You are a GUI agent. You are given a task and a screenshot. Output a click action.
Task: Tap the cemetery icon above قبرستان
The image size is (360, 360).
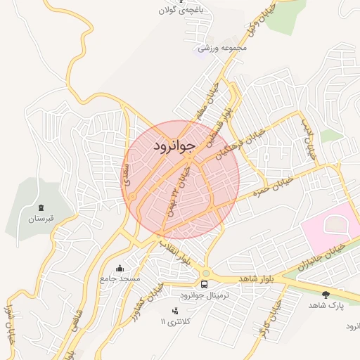[x=41, y=208]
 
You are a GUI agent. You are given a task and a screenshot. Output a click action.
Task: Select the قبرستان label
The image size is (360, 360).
[x=41, y=219]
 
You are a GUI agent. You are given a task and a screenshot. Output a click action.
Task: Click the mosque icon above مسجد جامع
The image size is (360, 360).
[x=120, y=268]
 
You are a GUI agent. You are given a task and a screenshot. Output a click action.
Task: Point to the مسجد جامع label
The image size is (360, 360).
[x=120, y=278]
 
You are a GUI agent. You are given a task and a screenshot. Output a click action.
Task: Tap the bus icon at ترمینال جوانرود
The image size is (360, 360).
[x=204, y=285]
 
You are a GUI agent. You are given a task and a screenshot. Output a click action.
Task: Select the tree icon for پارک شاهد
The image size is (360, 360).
[x=326, y=295]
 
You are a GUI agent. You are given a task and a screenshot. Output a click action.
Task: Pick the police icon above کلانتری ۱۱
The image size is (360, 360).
[x=175, y=311]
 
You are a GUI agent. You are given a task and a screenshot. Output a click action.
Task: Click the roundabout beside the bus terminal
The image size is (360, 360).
[x=205, y=274]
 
